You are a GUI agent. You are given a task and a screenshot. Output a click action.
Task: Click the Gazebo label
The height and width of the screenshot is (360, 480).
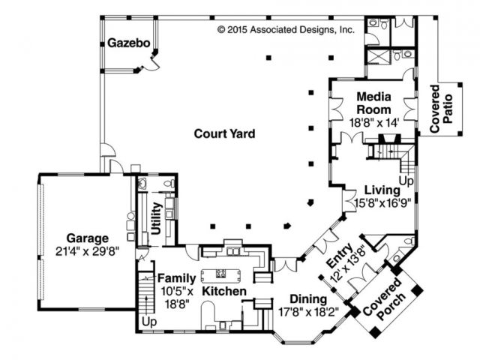pyautogui.click(x=128, y=43)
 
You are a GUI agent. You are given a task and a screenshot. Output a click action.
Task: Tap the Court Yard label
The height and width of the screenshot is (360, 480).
pyautogui.click(x=224, y=133)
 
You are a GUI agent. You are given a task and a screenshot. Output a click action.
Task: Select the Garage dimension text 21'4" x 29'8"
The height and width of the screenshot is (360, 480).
pyautogui.click(x=87, y=251)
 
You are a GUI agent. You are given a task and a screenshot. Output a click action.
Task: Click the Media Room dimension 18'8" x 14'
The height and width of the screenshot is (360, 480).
pyautogui.click(x=374, y=123)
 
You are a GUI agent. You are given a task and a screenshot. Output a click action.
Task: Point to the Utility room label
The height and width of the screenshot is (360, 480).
pyautogui.click(x=157, y=218)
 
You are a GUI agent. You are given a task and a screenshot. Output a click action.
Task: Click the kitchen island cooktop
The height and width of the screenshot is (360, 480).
pyautogui.click(x=220, y=273)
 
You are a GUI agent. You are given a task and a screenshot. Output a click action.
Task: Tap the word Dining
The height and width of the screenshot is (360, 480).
pyautogui.click(x=308, y=298)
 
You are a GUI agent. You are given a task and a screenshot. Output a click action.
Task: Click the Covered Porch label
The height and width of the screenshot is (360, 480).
pyautogui.click(x=385, y=299)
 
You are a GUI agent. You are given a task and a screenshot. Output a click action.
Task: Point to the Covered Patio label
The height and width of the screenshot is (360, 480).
pyautogui.click(x=441, y=109)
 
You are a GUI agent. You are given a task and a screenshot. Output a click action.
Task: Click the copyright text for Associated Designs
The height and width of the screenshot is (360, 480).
pyautogui.click(x=286, y=30)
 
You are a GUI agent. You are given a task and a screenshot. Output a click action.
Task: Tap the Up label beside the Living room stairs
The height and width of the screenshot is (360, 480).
pyautogui.click(x=406, y=181)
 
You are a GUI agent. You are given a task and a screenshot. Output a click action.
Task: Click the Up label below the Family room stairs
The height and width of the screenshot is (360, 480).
pyautogui.click(x=149, y=322)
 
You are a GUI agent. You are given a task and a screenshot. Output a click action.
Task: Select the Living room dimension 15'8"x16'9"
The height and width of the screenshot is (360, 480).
pyautogui.click(x=382, y=203)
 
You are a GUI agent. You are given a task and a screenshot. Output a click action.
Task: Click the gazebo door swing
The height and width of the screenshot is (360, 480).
pyautogui.click(x=152, y=65)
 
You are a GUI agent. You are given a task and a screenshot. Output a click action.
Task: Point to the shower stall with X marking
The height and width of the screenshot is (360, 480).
pyautogui.click(x=379, y=57)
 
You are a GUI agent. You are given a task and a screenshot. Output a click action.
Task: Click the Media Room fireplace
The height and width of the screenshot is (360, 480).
pyautogui.click(x=389, y=138)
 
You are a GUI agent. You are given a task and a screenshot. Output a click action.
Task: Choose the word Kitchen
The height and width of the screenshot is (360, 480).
pyautogui.click(x=224, y=291)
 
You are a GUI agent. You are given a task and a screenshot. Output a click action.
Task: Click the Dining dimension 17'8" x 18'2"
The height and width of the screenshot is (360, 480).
pyautogui.click(x=308, y=312)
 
